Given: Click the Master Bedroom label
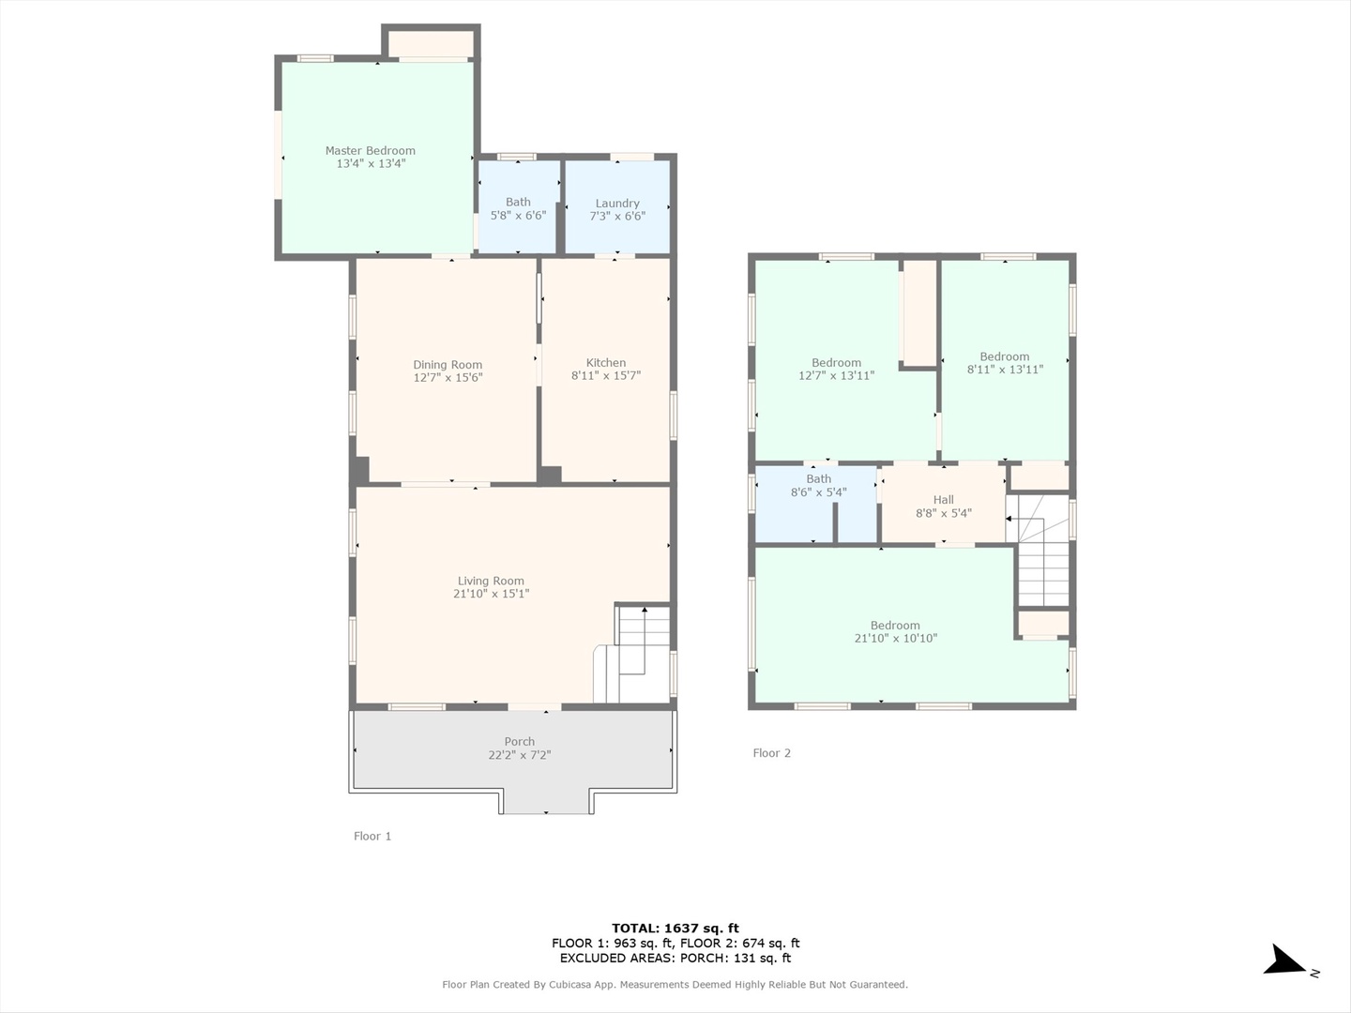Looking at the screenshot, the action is (370, 151).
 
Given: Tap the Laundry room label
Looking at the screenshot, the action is (617, 203).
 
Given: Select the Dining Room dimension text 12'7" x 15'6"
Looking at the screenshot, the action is (448, 378).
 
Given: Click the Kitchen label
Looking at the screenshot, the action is (606, 363).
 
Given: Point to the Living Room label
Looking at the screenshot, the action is (491, 581).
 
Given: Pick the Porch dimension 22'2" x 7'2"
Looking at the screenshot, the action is (520, 755).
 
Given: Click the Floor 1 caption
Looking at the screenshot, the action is (372, 836).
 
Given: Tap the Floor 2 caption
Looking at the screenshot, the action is (772, 753).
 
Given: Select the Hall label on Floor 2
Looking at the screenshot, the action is (944, 500).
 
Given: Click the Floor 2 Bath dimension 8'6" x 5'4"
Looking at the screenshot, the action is (819, 492).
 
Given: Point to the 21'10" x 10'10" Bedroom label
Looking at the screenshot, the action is (895, 626).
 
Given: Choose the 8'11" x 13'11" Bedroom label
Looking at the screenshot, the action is (1005, 356).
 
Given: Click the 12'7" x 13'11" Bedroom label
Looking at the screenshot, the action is (836, 363).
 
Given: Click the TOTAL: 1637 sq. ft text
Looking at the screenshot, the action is (675, 929).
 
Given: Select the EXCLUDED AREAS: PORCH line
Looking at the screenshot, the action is (675, 958).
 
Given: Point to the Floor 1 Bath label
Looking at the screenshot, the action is (518, 202).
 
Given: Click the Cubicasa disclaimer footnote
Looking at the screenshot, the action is (675, 985).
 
